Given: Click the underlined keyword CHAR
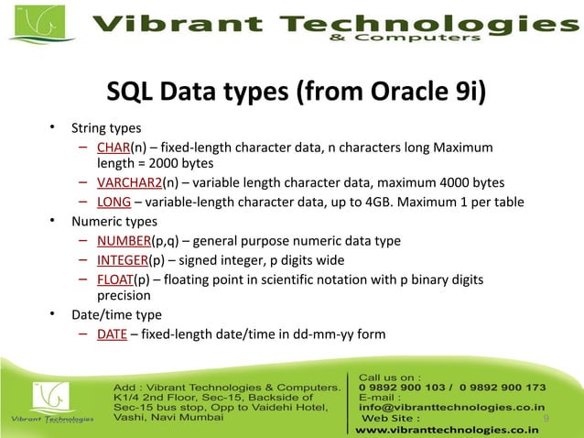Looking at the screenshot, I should tap(113, 148).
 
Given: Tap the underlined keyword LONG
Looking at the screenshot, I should tap(114, 203).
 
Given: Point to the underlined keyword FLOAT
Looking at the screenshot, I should tap(115, 279).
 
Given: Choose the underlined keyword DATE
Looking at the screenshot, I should tap(112, 334).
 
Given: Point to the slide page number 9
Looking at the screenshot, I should tap(546, 419).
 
